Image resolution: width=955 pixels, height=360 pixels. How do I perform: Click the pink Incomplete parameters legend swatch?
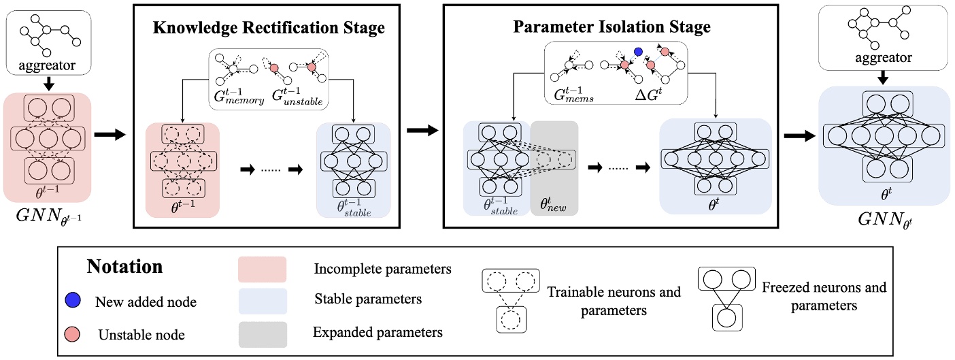tap(262, 268)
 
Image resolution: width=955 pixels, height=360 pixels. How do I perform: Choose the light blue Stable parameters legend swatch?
tap(262, 299)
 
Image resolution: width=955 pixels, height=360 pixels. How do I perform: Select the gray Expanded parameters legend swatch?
tap(262, 333)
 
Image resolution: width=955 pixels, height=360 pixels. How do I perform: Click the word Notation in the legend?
tap(124, 266)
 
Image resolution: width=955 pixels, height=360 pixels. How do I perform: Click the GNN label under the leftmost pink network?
tap(50, 219)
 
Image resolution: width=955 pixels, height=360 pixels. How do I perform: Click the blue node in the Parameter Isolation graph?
tap(638, 52)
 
